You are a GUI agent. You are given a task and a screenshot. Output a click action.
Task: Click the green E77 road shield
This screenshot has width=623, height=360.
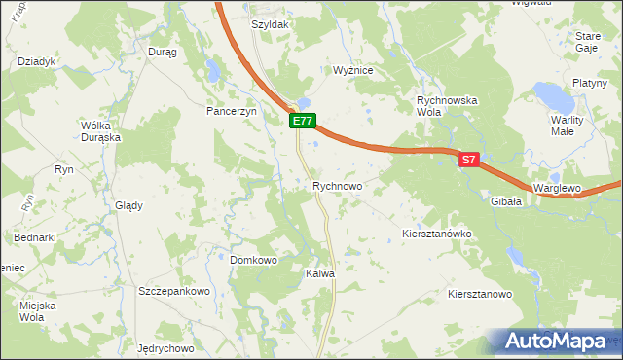pos(301,121)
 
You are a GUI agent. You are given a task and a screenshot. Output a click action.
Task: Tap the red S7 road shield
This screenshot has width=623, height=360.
pos(468,161)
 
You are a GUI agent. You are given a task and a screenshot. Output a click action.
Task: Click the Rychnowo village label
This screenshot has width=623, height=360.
pos(337,185)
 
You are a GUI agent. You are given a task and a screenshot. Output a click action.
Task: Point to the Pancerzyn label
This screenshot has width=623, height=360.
pos(230,112)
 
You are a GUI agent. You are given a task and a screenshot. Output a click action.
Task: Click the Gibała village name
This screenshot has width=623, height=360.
pos(506,201)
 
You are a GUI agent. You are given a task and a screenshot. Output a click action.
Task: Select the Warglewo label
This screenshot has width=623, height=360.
pos(557,187)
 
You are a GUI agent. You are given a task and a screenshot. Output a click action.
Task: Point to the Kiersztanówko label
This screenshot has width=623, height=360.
pos(436,234)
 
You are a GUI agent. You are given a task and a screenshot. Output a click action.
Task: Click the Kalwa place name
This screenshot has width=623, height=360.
pos(320,274)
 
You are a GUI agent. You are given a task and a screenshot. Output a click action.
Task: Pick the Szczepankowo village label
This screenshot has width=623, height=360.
pos(174,291)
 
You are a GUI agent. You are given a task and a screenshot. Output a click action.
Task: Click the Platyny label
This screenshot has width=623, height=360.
pos(590,83)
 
